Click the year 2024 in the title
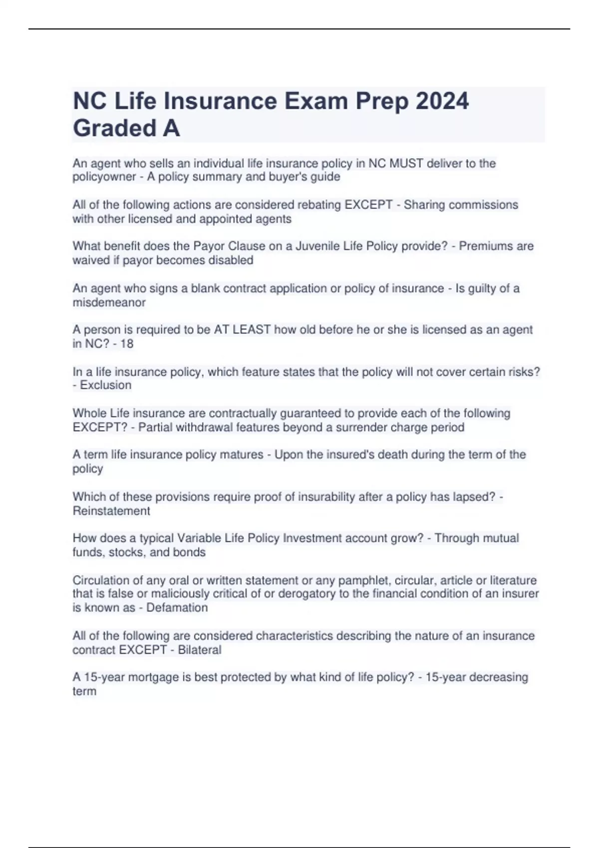[x=442, y=101]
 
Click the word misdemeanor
[x=109, y=303]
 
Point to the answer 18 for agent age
[x=127, y=344]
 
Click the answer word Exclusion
[x=106, y=386]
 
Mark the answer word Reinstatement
[x=111, y=511]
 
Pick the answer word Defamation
[x=177, y=608]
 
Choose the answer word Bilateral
[x=199, y=650]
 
